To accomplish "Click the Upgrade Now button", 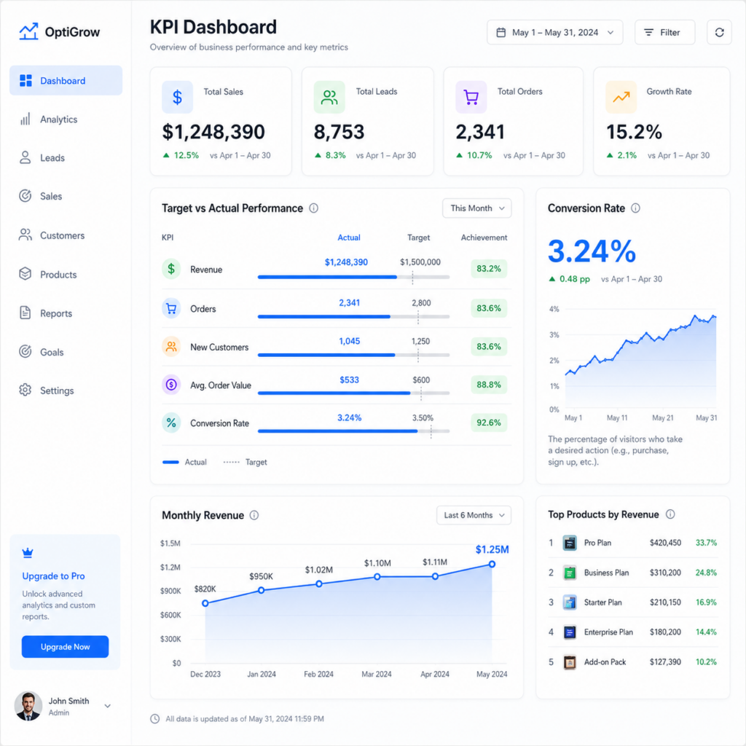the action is (65, 647).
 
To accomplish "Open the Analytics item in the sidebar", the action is (58, 119).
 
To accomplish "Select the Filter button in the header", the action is (664, 32).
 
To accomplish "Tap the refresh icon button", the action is (719, 32).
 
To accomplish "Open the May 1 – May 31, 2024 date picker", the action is (554, 32).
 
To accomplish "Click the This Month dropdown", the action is (476, 208).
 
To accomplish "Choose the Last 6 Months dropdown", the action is (474, 515).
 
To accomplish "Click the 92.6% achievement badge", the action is (489, 423).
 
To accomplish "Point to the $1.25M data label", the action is (492, 549).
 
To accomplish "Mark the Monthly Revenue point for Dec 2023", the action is (205, 603).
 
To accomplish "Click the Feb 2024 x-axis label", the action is (318, 674).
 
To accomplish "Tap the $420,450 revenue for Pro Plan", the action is (665, 543).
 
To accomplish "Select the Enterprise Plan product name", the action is (608, 632).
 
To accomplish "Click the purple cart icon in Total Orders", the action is (471, 97).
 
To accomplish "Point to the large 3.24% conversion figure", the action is (592, 251).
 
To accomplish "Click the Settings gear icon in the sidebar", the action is (25, 390).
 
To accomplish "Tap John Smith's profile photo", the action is (28, 706).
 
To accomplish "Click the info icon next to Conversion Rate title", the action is (635, 208).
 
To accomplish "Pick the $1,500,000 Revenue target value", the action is (420, 262).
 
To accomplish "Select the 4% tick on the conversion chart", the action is (554, 309).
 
